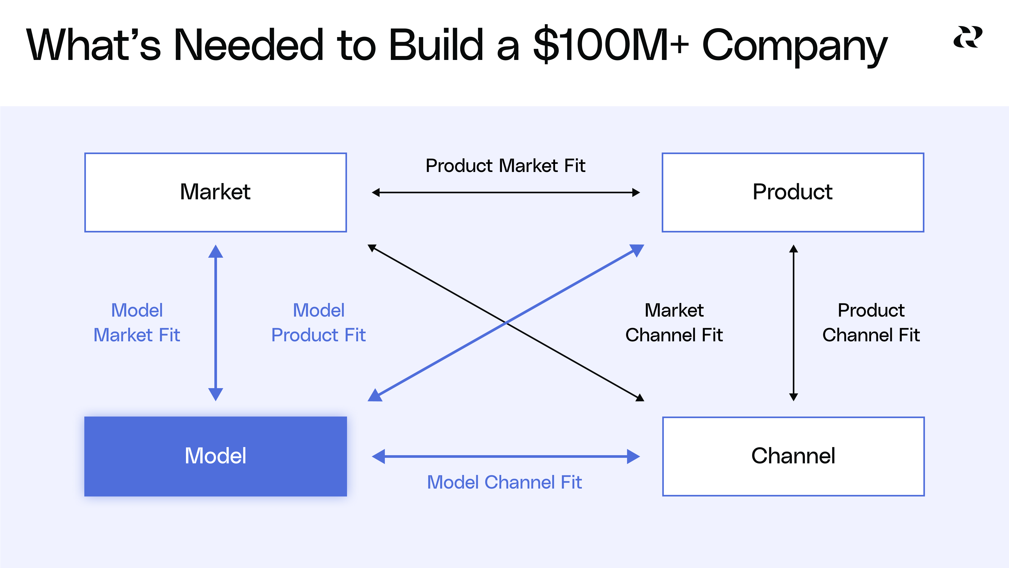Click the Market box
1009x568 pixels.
[x=215, y=192]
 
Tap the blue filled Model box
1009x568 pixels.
[x=215, y=456]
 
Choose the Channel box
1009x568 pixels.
[x=793, y=456]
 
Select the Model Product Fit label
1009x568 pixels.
[x=318, y=323]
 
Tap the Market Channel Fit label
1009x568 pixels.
[x=674, y=323]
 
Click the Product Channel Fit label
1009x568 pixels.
[x=871, y=323]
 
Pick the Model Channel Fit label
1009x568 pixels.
[x=504, y=482]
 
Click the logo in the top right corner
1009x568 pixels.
[x=967, y=37]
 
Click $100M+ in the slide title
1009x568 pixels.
[x=611, y=45]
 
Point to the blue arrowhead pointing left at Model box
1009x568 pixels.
[x=378, y=456]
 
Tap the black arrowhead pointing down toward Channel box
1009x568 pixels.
[x=794, y=397]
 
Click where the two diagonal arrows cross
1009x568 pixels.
[x=506, y=323]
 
